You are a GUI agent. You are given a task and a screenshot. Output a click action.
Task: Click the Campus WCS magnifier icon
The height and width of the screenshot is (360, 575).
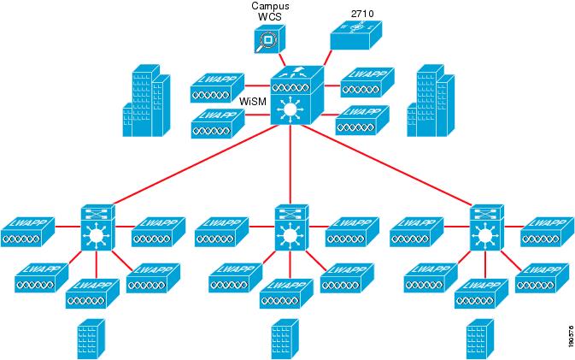click(267, 40)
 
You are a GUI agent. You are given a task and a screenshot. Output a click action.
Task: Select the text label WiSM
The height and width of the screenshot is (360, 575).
click(253, 101)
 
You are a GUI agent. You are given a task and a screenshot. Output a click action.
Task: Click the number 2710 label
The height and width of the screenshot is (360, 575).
click(363, 14)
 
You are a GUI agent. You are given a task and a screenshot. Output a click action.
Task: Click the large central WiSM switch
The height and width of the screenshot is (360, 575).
click(295, 99)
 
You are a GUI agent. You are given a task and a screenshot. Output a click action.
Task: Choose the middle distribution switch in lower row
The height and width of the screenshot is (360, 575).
click(291, 227)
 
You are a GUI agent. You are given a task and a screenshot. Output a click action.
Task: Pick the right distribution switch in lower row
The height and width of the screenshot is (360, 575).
click(486, 227)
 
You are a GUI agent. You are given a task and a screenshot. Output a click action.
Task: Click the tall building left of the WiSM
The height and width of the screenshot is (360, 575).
click(143, 103)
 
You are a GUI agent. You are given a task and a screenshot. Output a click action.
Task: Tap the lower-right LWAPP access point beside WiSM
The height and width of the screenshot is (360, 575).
click(362, 121)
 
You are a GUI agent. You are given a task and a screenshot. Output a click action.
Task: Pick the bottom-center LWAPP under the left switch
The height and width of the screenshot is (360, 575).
click(91, 293)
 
